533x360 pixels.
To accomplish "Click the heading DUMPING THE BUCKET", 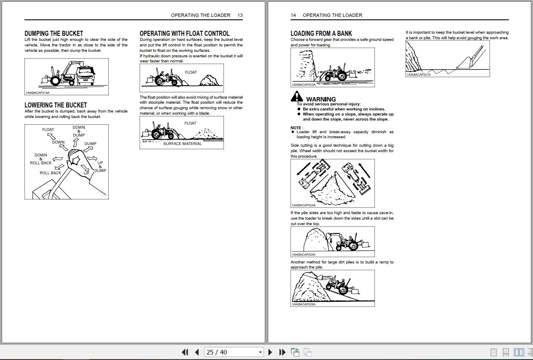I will (x=54, y=33).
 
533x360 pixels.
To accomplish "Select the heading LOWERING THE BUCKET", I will (x=56, y=105).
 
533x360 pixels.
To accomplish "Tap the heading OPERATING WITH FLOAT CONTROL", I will (x=184, y=33).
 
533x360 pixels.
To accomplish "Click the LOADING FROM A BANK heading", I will (x=321, y=33).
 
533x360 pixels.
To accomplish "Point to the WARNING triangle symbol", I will (x=296, y=97).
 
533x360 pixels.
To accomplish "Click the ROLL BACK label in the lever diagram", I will (x=50, y=173).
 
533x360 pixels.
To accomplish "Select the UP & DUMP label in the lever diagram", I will (x=100, y=167).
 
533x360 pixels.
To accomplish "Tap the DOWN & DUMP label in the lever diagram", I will (x=79, y=131).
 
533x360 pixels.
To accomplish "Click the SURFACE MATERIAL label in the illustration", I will (x=182, y=144).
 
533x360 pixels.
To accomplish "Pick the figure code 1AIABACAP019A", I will (x=38, y=93).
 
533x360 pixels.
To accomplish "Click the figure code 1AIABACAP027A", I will (x=419, y=75).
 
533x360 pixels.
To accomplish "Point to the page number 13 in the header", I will (x=240, y=15).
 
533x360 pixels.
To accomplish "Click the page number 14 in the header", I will (x=293, y=15).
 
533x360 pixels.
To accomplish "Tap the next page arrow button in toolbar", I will (x=270, y=352).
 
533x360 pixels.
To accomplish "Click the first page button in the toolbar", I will (x=185, y=352).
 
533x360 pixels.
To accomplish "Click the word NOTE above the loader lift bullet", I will (x=296, y=128).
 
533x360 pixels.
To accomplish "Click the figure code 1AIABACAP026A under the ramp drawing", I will (x=303, y=304).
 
